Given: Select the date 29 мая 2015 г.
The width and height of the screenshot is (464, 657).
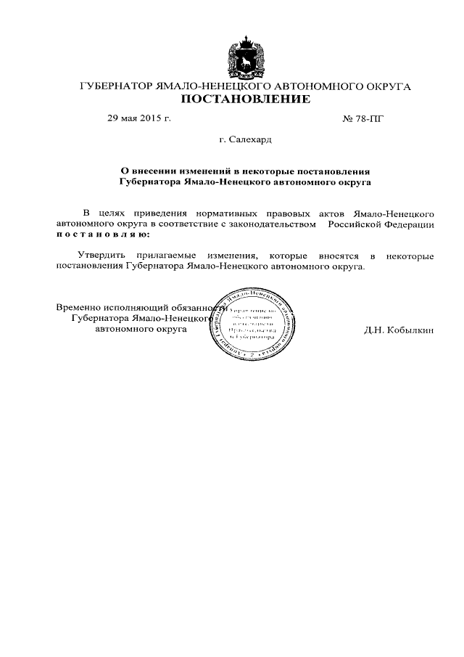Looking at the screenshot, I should click(138, 118).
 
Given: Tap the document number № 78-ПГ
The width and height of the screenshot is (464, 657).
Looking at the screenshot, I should click(362, 118).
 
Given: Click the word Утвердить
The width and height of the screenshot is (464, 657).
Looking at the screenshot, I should click(102, 256).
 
